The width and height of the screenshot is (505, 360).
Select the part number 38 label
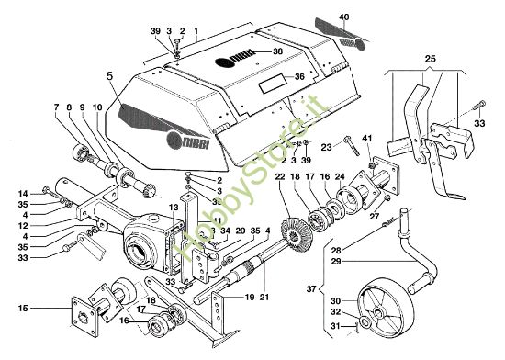[x=277, y=54]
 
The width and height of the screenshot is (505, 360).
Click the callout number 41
[x=369, y=138]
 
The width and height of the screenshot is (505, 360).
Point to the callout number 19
[x=250, y=298]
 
